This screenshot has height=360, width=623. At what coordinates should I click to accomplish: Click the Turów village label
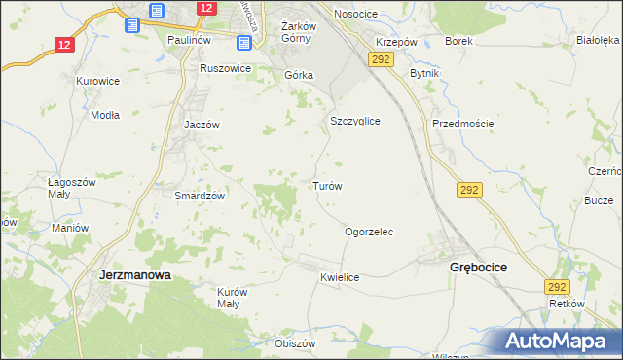click(x=326, y=185)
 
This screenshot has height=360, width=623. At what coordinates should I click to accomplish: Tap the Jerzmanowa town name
click(x=135, y=275)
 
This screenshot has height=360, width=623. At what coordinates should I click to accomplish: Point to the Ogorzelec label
click(x=369, y=233)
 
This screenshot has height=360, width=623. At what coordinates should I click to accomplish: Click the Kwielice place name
click(x=340, y=277)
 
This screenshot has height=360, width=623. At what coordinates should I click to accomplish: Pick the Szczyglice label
click(x=354, y=121)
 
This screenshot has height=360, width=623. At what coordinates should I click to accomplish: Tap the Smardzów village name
click(x=200, y=195)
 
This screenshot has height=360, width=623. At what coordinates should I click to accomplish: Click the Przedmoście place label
click(x=463, y=124)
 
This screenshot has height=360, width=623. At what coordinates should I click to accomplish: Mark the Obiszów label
click(x=296, y=343)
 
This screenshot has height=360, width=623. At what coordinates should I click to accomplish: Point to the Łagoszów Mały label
click(x=71, y=187)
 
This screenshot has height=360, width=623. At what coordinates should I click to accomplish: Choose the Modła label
click(x=104, y=114)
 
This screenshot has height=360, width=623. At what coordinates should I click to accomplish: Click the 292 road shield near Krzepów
click(x=380, y=60)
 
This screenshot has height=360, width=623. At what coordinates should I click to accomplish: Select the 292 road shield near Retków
click(x=557, y=286)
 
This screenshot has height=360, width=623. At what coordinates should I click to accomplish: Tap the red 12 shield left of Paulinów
click(x=64, y=45)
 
